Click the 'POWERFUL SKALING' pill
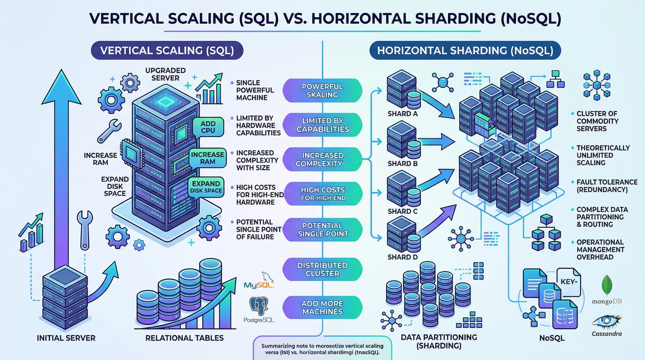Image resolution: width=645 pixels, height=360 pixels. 322,91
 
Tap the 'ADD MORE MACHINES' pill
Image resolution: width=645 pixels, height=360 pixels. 322,307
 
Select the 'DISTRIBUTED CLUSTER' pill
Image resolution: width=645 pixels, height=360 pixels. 322,269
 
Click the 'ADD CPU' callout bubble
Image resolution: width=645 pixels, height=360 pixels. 208,127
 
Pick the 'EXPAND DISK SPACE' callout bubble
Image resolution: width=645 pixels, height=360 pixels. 206,187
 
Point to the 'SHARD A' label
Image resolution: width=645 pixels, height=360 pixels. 402,114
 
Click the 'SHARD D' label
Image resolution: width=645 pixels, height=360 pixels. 402,257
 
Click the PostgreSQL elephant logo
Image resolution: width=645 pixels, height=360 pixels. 259,306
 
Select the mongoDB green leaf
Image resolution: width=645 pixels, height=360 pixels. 607,285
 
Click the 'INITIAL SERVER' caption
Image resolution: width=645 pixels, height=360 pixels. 66,338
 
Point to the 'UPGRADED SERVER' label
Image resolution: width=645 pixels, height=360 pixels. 165,74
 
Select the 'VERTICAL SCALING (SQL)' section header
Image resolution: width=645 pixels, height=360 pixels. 167,51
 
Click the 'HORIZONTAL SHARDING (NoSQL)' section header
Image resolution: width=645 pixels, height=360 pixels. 465,51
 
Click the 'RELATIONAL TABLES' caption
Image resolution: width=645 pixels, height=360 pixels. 184,338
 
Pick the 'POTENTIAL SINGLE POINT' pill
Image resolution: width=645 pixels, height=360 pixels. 322,230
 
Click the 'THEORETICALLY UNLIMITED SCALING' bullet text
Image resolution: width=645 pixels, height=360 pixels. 603,155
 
